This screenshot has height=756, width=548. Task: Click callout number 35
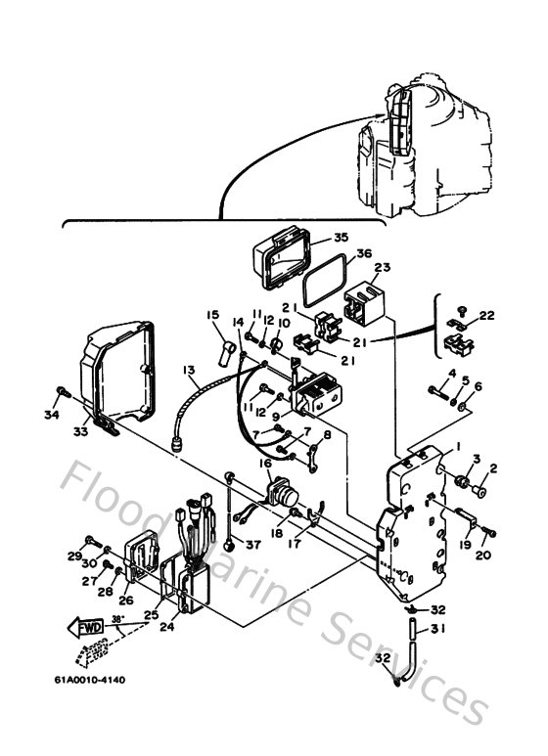tap(312, 237)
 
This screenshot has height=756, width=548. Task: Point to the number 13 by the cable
tap(189, 370)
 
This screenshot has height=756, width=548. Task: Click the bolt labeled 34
tap(61, 393)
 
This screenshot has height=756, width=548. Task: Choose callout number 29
tap(72, 556)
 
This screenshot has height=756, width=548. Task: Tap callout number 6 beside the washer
tap(479, 386)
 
